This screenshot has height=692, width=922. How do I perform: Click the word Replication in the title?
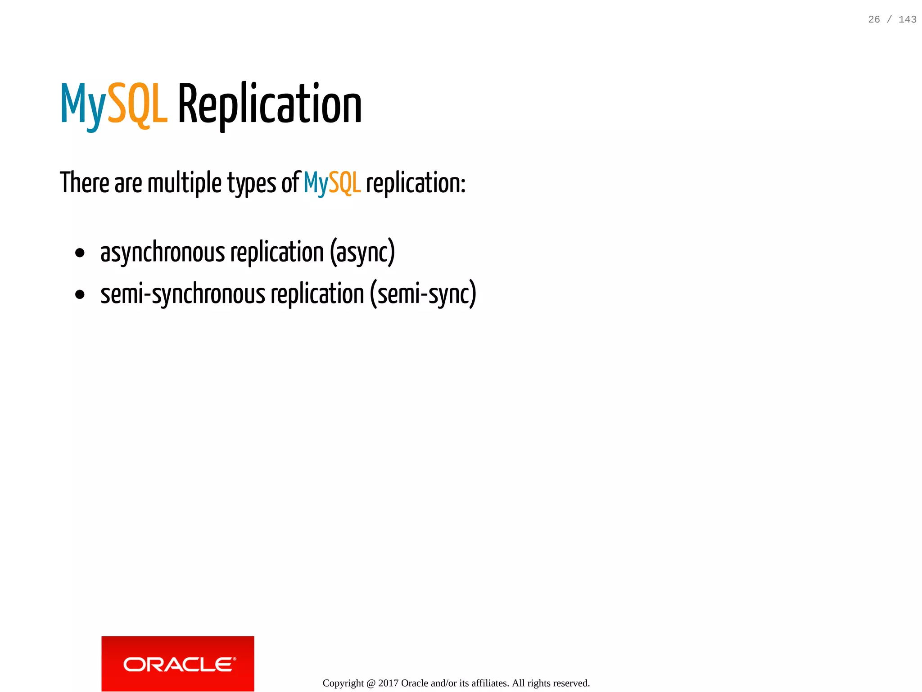[x=270, y=104]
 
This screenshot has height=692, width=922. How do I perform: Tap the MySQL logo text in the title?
[x=114, y=104]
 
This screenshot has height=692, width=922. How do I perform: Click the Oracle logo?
[x=178, y=664]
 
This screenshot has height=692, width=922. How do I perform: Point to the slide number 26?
[x=874, y=19]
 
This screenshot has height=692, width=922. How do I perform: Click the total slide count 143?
[x=907, y=19]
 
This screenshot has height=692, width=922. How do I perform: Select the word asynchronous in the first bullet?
[x=163, y=252]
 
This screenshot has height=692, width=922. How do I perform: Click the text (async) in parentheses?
[x=362, y=252]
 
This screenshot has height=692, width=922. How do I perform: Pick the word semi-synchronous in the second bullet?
[x=183, y=294]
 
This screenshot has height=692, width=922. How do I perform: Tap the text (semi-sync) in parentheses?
[x=423, y=294]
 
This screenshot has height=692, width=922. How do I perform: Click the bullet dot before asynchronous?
[x=80, y=253]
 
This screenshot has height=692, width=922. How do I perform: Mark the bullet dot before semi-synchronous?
[x=80, y=295]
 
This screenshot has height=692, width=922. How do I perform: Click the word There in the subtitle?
[x=85, y=183]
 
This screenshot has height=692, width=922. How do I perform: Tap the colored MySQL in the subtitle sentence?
[x=332, y=183]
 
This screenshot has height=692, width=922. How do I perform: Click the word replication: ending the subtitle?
[x=416, y=183]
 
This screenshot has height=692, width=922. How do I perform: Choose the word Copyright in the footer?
[x=343, y=683]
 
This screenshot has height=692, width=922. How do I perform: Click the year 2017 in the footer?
[x=388, y=683]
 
